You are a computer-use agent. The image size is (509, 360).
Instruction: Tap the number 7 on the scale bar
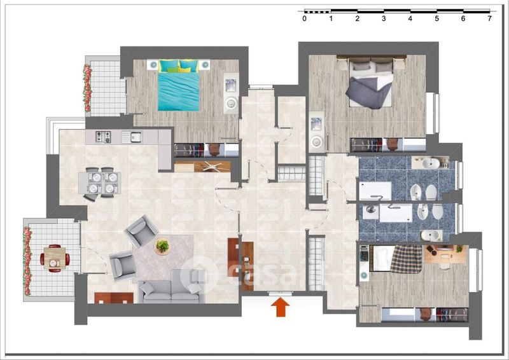point(489,19)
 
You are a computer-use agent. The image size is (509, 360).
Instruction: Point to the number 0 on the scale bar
point(304,19)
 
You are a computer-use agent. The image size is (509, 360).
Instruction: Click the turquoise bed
point(179,85)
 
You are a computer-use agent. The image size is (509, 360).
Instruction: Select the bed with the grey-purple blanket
point(371,83)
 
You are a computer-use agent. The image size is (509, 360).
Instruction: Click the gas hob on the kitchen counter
point(103,137)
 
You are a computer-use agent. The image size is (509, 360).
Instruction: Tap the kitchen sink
point(132,137)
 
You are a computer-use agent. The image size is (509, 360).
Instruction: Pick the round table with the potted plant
point(162,246)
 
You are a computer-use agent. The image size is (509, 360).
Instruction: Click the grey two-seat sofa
point(171,286)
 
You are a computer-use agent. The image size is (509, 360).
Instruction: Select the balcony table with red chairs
point(55,258)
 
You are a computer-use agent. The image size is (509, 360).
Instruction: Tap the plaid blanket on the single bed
point(407,260)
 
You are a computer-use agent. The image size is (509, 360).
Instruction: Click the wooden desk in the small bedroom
point(445,254)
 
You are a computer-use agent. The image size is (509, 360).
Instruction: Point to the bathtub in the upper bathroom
point(375,191)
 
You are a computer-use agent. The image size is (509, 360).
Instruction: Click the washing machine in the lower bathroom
point(370,210)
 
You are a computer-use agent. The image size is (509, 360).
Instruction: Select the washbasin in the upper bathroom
point(431,163)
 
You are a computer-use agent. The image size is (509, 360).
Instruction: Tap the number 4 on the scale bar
point(410,19)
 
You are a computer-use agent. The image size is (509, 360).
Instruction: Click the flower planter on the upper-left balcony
point(87,88)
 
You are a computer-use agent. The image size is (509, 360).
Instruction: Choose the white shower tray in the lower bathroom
point(395,213)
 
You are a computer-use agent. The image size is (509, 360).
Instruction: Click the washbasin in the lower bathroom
point(431,235)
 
